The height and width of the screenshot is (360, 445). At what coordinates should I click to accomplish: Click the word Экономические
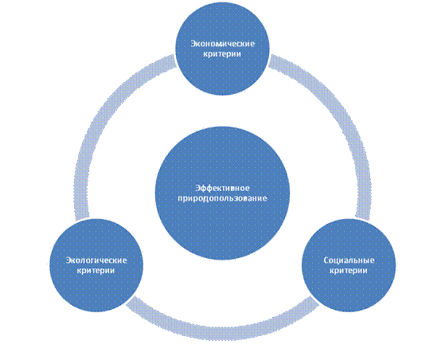[223, 44]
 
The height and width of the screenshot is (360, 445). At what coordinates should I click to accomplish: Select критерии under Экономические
[223, 54]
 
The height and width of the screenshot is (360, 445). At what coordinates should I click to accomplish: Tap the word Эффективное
[223, 188]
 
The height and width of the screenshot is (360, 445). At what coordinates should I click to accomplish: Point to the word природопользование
[223, 198]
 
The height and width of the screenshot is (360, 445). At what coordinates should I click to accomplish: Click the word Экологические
[96, 260]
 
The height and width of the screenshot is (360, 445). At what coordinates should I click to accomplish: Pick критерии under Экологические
[96, 270]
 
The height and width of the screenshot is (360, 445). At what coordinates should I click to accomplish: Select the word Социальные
[349, 260]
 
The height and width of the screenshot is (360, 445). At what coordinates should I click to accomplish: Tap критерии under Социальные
[349, 270]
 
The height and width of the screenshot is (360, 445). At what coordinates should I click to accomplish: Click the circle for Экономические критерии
[223, 49]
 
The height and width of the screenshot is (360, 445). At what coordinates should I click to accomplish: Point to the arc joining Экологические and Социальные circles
[223, 333]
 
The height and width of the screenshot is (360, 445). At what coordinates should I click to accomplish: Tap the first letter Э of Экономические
[193, 44]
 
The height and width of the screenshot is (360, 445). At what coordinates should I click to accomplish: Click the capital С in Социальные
[326, 260]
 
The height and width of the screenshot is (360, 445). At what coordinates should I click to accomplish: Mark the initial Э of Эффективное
[198, 188]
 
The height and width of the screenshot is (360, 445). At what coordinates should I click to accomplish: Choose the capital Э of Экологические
[68, 260]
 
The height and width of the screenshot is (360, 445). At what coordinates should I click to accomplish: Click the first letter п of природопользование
[181, 198]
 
